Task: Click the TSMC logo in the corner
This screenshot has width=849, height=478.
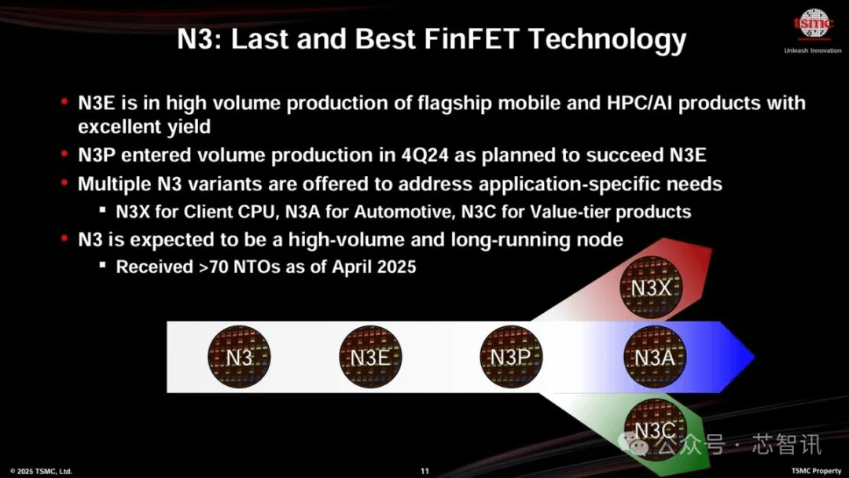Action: (x=813, y=24)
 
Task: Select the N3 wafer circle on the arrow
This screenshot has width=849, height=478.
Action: (x=239, y=357)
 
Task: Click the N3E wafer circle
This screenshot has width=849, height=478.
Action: (x=370, y=357)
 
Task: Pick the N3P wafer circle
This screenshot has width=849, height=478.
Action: (x=511, y=357)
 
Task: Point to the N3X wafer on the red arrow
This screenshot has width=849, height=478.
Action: (x=651, y=288)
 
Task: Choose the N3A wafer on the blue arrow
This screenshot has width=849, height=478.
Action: (x=655, y=357)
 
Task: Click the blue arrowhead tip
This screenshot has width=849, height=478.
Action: (x=754, y=357)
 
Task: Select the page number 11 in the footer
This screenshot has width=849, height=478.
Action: (x=424, y=472)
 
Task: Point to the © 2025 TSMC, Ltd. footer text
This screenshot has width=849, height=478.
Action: (x=41, y=472)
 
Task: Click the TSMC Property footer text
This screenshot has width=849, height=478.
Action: (x=816, y=471)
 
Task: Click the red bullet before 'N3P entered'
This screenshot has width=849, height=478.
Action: (x=64, y=154)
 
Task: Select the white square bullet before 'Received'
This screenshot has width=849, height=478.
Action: (x=102, y=265)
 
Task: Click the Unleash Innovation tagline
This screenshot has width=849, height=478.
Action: (x=813, y=50)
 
